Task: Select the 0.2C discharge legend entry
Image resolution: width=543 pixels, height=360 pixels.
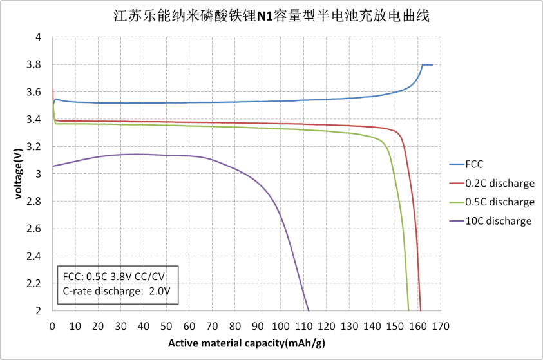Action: coord(499,183)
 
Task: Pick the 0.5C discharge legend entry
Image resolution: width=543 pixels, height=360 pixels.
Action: coord(499,202)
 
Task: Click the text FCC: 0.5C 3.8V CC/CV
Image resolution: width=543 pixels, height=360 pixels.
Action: coord(113,276)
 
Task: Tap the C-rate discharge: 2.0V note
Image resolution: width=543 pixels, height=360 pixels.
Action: coord(117,290)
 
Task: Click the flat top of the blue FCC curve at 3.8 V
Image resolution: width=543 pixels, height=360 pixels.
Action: coord(428,64)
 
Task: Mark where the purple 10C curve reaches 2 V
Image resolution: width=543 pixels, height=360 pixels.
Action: coord(309,310)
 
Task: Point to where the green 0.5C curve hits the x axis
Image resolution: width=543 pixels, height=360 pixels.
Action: coord(408,310)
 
